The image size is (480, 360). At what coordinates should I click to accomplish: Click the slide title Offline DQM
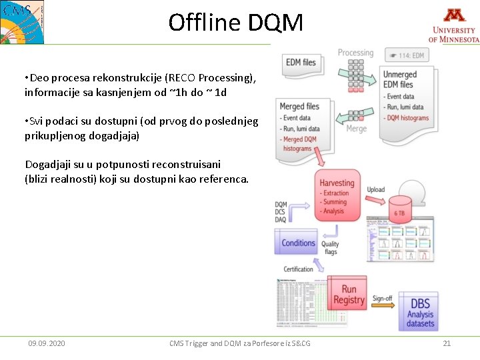pyautogui.click(x=235, y=23)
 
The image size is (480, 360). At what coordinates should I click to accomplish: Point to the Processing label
pyautogui.click(x=355, y=53)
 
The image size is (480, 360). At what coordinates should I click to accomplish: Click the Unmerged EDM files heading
pyautogui.click(x=399, y=79)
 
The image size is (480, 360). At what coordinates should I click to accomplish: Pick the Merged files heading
pyautogui.click(x=299, y=106)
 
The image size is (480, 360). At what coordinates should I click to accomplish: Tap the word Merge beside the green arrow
pyautogui.click(x=357, y=128)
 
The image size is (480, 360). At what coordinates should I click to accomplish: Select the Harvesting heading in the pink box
pyautogui.click(x=337, y=183)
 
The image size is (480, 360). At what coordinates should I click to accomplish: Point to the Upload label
pyautogui.click(x=376, y=189)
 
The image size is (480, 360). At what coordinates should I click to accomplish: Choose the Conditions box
pyautogui.click(x=298, y=243)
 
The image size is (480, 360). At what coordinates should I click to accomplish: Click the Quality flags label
pyautogui.click(x=331, y=248)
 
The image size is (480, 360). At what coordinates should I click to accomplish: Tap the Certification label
pyautogui.click(x=298, y=269)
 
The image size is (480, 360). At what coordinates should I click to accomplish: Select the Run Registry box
pyautogui.click(x=349, y=295)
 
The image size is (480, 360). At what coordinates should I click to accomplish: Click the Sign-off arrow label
pyautogui.click(x=382, y=298)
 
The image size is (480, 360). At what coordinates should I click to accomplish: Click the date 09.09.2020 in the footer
pyautogui.click(x=47, y=343)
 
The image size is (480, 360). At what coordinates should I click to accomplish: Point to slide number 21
pyautogui.click(x=447, y=343)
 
